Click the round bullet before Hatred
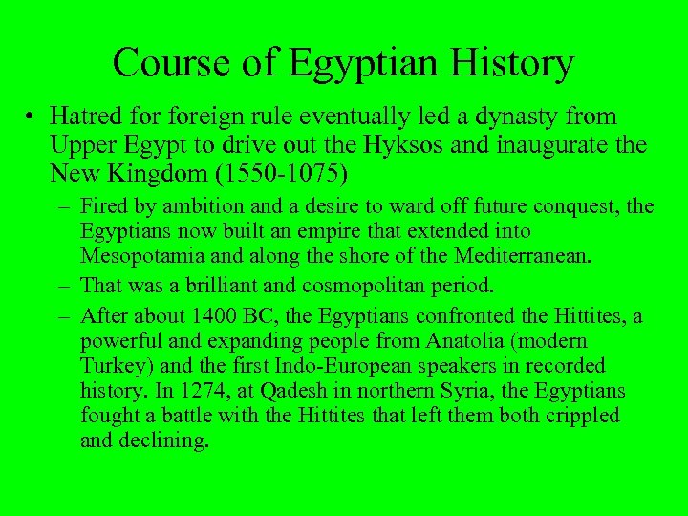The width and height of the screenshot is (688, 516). click(x=32, y=118)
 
